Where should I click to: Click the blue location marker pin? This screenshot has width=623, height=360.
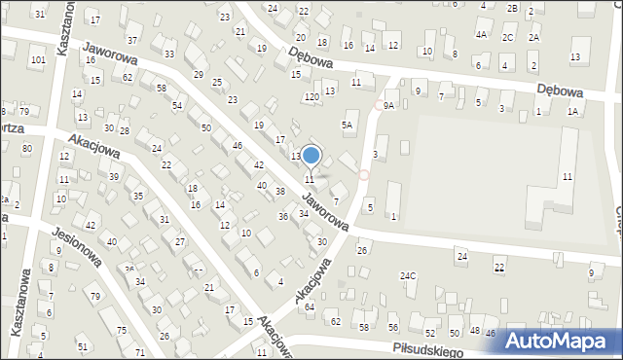tap(311, 156)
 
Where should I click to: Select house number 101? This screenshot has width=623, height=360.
tap(38, 60)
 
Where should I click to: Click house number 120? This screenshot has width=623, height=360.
tap(311, 97)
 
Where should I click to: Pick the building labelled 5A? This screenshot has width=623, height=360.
tap(347, 125)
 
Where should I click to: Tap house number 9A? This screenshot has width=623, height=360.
tap(388, 105)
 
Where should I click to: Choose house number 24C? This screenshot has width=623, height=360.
tap(408, 275)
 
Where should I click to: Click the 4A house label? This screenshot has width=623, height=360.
tap(481, 34)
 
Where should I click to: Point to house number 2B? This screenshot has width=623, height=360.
tap(512, 8)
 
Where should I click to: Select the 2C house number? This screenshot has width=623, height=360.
tap(507, 37)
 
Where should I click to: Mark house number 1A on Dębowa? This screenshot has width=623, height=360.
tap(573, 112)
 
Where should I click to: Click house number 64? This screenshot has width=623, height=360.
tap(310, 306)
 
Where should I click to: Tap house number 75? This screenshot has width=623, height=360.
tap(122, 331)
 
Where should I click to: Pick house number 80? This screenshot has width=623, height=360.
tap(27, 148)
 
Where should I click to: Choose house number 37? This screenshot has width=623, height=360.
tap(131, 40)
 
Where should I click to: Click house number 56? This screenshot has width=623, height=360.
tap(393, 327)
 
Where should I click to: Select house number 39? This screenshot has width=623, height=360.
tap(114, 176)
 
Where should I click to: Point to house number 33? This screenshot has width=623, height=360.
tap(169, 54)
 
